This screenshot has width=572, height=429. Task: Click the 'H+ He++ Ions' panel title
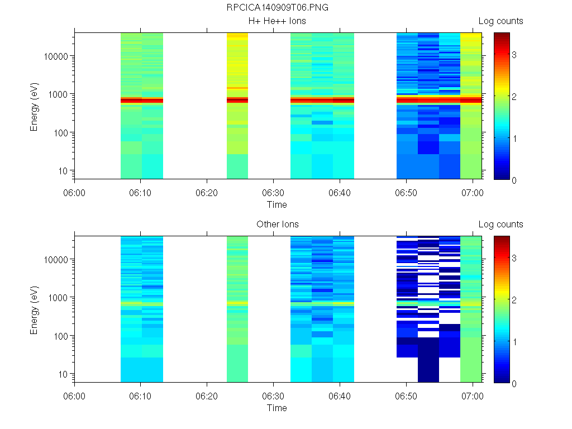(x=277, y=21)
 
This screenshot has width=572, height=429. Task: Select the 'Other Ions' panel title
(x=277, y=225)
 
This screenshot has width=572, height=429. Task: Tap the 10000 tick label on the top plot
(x=56, y=56)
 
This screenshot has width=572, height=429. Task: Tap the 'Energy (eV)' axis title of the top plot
(x=35, y=106)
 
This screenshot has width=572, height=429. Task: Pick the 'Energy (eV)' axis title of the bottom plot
(x=35, y=309)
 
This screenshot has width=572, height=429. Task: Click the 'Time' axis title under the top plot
(x=277, y=204)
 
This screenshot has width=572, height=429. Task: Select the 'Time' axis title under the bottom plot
(x=277, y=408)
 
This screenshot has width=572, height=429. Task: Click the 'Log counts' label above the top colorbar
(x=500, y=21)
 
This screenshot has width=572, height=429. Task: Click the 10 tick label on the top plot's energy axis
(x=63, y=170)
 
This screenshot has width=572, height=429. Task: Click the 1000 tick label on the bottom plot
(x=59, y=298)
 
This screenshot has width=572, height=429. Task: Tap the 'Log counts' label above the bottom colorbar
(x=500, y=225)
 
